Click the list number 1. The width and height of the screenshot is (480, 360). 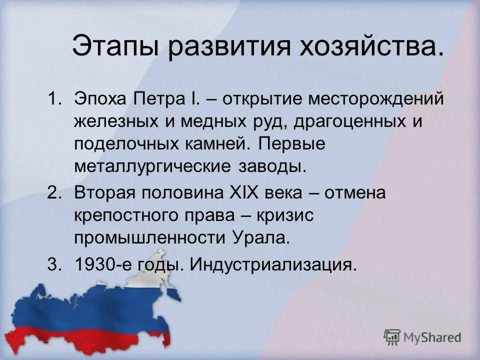[53, 98]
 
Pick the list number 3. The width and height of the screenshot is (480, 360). [53, 264]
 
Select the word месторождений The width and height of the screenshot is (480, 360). [375, 98]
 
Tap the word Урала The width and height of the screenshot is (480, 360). [261, 237]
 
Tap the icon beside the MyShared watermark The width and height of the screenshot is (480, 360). [393, 337]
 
